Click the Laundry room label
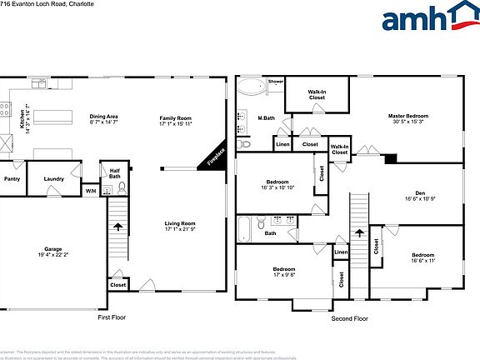[54, 178]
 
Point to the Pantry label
[12, 178]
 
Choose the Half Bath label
[115, 173]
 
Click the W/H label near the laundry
[90, 191]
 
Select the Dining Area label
[104, 117]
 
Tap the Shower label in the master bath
[275, 82]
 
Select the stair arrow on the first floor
[117, 225]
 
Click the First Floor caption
[112, 317]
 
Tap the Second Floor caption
[349, 317]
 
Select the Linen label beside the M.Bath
[282, 145]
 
